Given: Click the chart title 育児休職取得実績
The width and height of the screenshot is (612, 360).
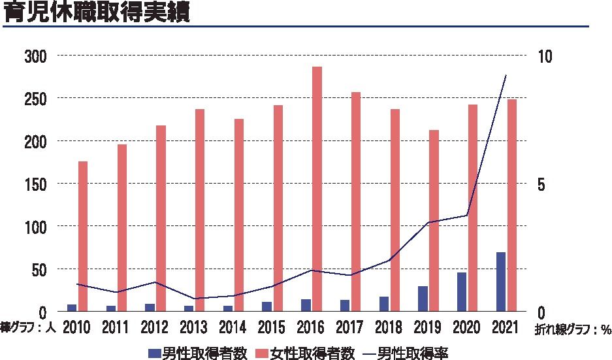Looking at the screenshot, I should pos(97,13).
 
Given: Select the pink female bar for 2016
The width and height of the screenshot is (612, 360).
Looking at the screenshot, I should pos(317,189).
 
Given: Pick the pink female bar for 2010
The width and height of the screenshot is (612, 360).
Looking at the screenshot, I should pos(83,236).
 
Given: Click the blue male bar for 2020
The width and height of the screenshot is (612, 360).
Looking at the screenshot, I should pos(462,291).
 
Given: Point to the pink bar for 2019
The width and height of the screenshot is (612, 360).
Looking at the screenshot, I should pos(434,221).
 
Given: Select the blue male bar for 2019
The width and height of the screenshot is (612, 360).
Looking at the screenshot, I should pos(423,299).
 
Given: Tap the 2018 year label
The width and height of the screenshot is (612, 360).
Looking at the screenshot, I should pos(389,327).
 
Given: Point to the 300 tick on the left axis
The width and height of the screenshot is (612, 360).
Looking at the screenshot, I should pos(37,56).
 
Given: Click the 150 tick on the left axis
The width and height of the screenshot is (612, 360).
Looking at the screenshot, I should pos(37,184).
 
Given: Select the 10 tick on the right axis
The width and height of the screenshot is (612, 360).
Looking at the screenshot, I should pos(544,56).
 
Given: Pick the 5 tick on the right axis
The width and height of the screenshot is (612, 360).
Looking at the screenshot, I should pos(540,184).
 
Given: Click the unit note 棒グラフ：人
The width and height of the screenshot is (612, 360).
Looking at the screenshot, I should pos(29,327).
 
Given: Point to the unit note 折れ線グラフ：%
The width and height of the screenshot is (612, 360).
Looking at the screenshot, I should pos(573,330).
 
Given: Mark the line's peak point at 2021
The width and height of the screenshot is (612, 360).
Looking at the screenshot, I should pos(506,76).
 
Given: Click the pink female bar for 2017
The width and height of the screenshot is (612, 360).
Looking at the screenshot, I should pos(356,202).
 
